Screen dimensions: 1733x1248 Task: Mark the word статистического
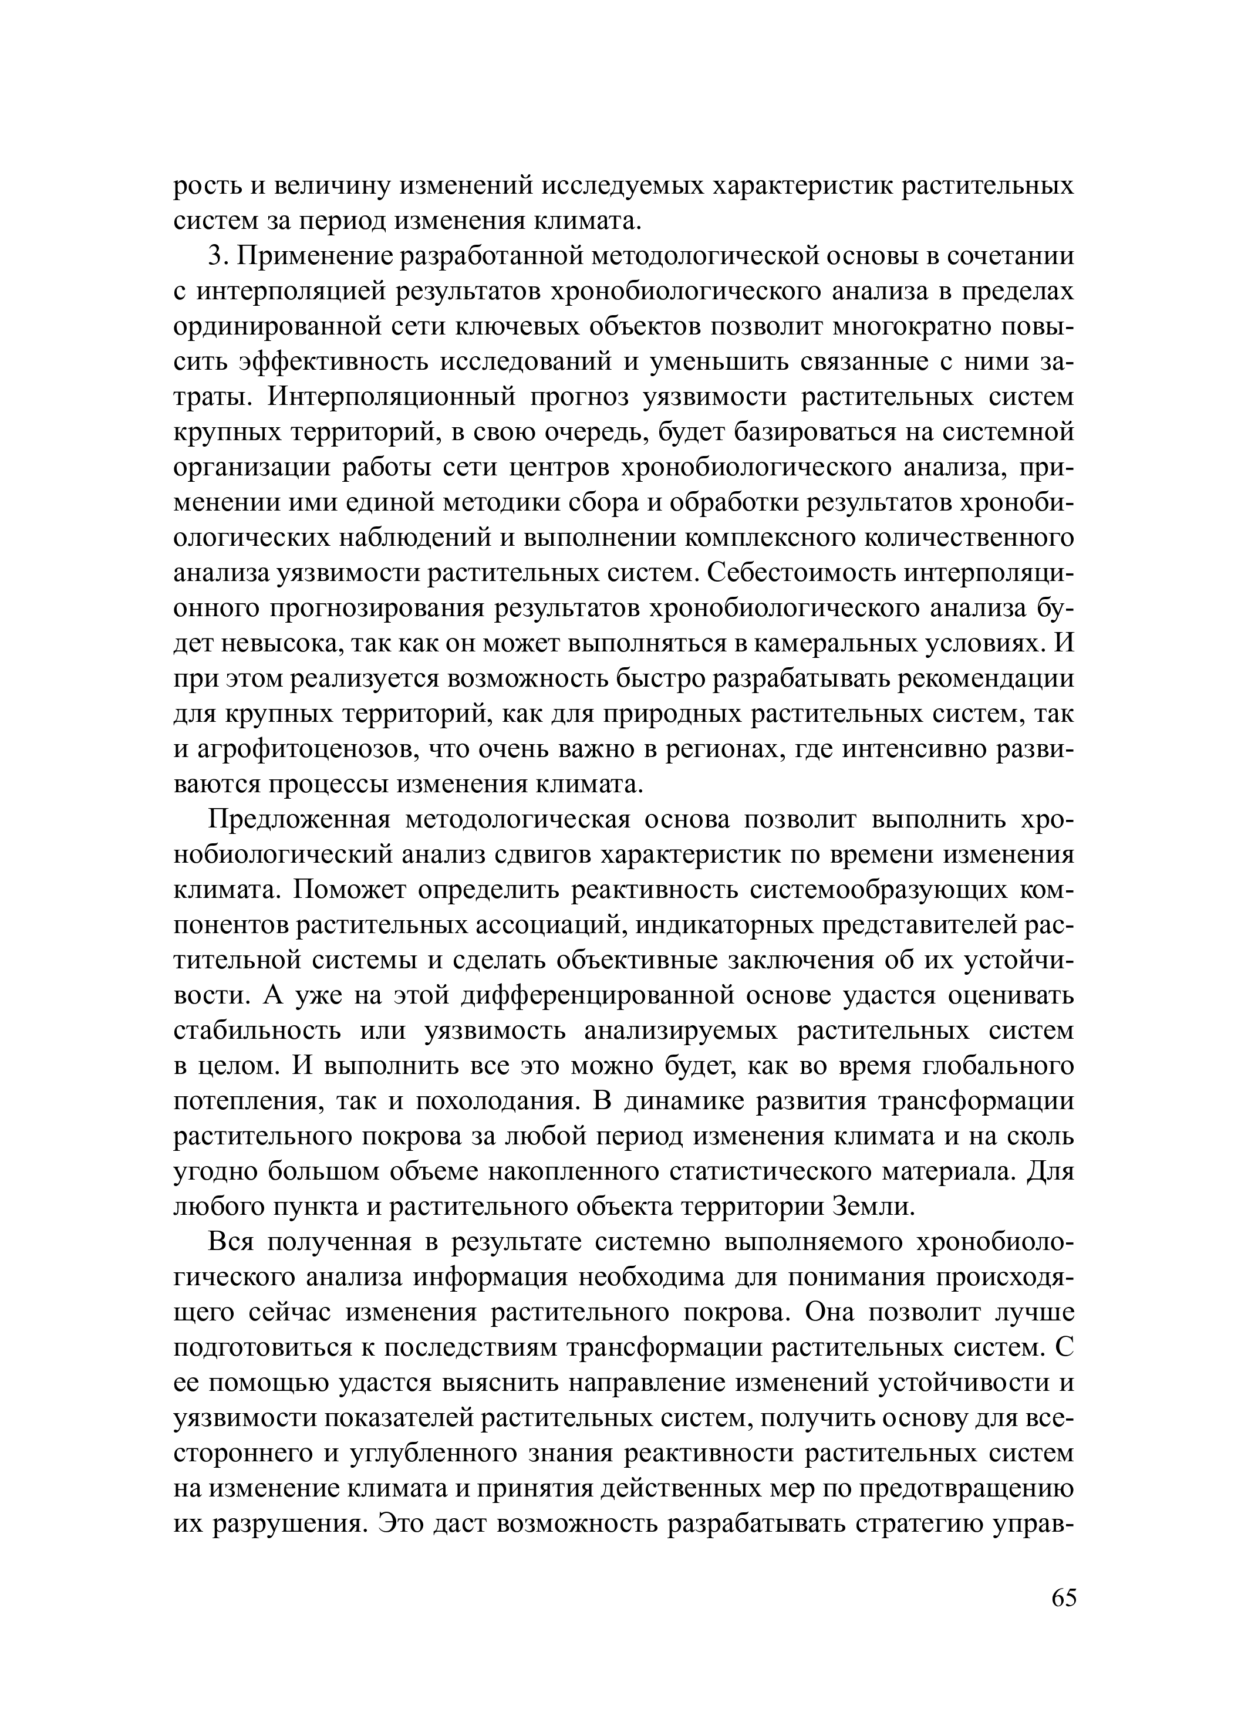coord(770,1172)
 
